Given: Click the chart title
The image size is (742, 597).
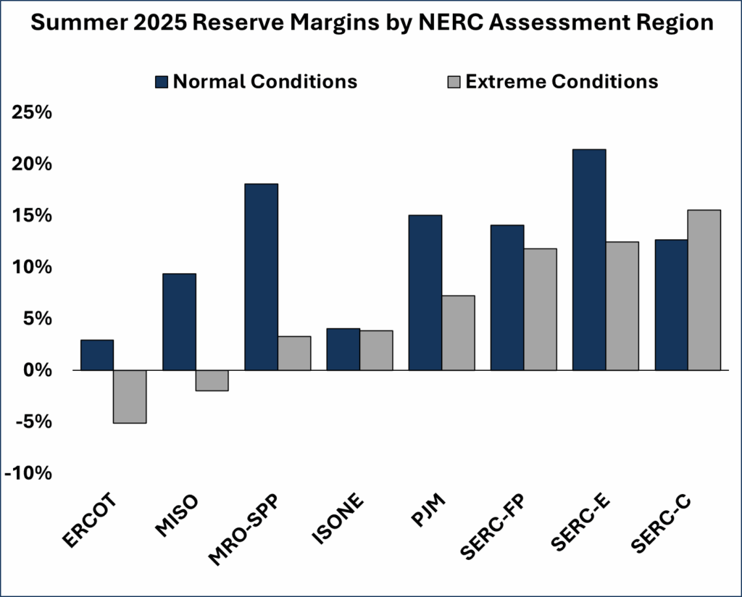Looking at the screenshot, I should pyautogui.click(x=371, y=23).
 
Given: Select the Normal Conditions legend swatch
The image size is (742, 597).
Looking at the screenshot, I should pyautogui.click(x=162, y=81).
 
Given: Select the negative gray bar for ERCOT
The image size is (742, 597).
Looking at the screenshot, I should pyautogui.click(x=130, y=396).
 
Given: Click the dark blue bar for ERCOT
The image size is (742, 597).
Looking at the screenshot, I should pyautogui.click(x=97, y=355).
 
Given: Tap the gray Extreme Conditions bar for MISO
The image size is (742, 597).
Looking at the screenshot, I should pyautogui.click(x=212, y=380).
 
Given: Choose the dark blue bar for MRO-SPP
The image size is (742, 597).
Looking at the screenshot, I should pyautogui.click(x=261, y=277).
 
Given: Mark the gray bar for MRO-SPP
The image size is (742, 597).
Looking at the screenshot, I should pyautogui.click(x=294, y=353).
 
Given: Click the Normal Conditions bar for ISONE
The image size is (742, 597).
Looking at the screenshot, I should pyautogui.click(x=343, y=349).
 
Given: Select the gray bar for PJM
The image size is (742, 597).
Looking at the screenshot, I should pyautogui.click(x=458, y=333).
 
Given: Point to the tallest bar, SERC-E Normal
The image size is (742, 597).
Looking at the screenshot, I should pyautogui.click(x=589, y=259).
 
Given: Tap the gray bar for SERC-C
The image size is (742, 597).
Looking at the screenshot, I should pyautogui.click(x=704, y=290).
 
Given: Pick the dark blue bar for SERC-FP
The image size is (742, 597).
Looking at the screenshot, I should pyautogui.click(x=507, y=297).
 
